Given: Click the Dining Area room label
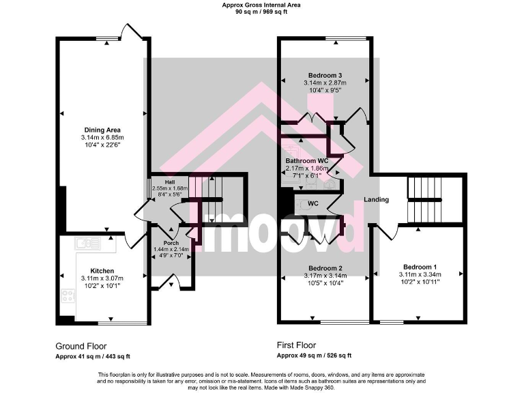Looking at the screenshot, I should pos(102,130).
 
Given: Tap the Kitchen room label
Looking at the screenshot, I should pos(102,271).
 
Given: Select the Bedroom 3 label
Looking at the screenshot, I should pos(324,75).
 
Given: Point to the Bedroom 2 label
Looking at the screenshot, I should pos(325,268).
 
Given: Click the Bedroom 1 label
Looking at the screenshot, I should pos(420,266).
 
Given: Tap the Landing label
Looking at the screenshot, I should pos(376,200).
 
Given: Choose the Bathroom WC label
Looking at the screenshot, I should pos(306,160).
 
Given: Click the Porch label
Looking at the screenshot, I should pos(171,242).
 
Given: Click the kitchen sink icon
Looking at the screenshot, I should pos(88,242).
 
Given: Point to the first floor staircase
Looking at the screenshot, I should pos(424,199).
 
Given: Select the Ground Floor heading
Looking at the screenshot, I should pos(81,346).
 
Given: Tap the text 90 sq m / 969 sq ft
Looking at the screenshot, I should pos(261,12).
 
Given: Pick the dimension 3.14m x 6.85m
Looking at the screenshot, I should pos(102,138).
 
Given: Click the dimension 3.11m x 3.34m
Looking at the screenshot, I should pos(420,275).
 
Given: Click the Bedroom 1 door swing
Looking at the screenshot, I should pos(388,232).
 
